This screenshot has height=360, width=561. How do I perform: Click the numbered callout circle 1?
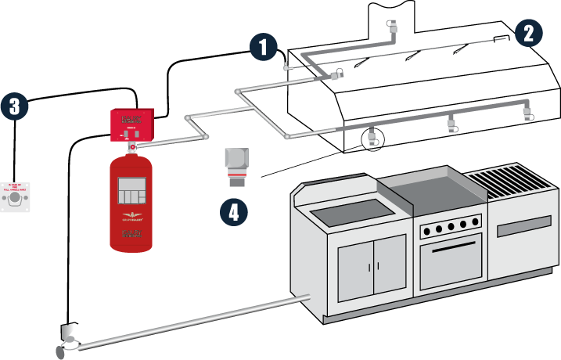pos(264,47)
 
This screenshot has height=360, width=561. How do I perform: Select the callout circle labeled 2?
pos(528,33)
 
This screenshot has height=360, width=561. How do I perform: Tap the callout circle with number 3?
pos(14,106)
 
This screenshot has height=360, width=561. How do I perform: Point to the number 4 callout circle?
pos(234,212)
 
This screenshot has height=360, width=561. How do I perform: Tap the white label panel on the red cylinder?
pos(131,190)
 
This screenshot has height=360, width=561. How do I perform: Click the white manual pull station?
pos(15,198)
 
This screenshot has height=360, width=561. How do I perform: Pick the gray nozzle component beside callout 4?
pos(236,167)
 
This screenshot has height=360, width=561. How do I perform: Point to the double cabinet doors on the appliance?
pos(372,266)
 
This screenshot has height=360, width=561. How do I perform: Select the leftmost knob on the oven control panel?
pos(426,230)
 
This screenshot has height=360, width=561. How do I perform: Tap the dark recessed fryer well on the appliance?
pos(352,209)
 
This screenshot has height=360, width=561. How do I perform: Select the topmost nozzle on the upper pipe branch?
pos(394,27)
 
